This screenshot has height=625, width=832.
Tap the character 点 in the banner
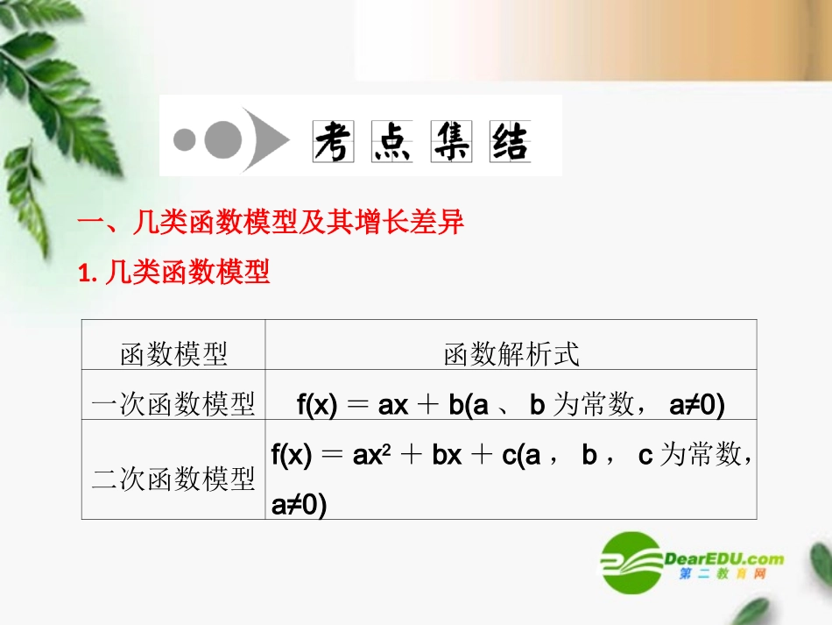tap(391, 140)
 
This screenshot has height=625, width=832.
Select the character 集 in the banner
tap(451, 140)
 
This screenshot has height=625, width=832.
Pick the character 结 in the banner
tap(510, 140)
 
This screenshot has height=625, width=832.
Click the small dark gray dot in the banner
tap(185, 139)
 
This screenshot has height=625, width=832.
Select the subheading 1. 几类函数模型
tap(174, 273)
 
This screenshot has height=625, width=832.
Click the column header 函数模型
tap(173, 354)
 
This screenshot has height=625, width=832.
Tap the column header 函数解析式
tap(511, 354)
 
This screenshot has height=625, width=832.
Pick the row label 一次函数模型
tap(173, 404)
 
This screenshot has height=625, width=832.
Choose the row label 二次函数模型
tap(173, 479)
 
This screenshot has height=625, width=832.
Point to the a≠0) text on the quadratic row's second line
tap(299, 505)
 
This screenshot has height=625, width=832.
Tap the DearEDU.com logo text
tap(723, 558)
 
